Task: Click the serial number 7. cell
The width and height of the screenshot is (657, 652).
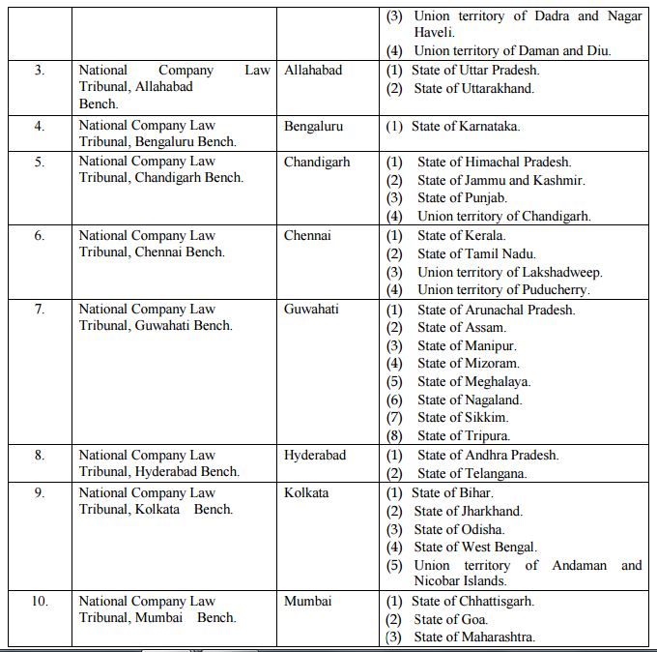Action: pos(40,310)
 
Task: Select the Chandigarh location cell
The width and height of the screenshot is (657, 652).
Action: pos(317,162)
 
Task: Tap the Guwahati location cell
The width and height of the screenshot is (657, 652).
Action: pos(311,310)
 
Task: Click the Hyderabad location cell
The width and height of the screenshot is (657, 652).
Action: pos(315,455)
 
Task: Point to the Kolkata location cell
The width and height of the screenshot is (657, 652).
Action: pos(306,492)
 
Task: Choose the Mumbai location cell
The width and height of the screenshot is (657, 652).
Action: pos(308,601)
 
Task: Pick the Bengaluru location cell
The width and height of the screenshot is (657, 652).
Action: pos(313,126)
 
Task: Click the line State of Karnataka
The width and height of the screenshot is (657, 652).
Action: pos(465,126)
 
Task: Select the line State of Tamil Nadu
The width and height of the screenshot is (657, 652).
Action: pos(475,253)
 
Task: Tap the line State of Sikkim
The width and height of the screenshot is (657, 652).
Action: pos(462,418)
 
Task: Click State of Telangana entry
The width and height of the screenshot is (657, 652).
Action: pos(471,474)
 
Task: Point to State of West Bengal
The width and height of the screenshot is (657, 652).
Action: pos(474,548)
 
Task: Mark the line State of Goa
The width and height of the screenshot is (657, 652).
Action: pos(450,619)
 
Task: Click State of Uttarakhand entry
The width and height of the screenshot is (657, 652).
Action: pos(473,88)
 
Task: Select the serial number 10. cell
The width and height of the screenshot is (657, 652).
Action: pos(40,601)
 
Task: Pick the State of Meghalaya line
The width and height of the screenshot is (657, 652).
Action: pos(473,381)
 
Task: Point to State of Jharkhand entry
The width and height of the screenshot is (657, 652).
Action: pos(468,511)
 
